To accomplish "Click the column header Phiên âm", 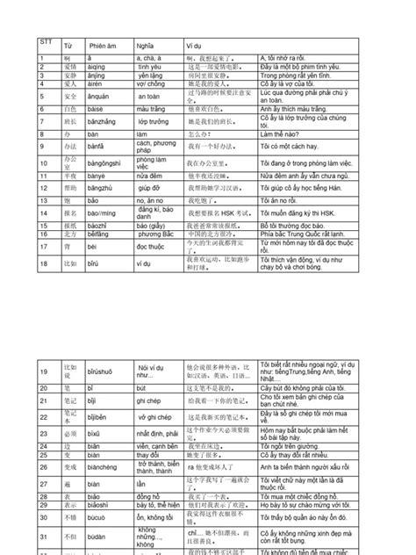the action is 104,46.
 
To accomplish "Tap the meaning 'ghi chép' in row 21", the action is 153,400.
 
